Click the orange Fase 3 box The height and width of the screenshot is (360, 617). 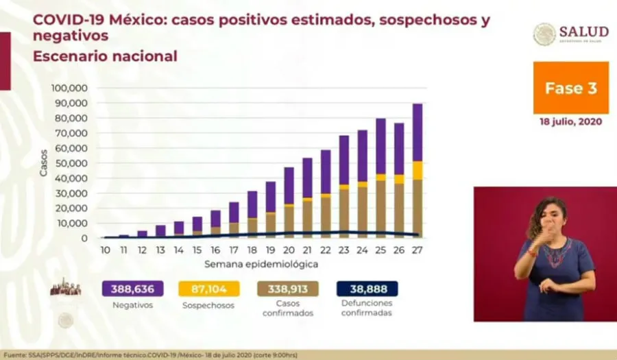[x=570, y=88]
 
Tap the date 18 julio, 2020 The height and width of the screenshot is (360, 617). [x=570, y=122]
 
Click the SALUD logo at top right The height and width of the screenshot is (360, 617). [x=571, y=34]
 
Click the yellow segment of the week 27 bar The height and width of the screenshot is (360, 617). [x=418, y=170]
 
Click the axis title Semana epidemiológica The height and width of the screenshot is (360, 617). [x=261, y=264]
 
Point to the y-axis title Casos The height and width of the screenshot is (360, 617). [x=45, y=164]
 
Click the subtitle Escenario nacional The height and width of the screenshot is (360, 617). [x=105, y=56]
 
